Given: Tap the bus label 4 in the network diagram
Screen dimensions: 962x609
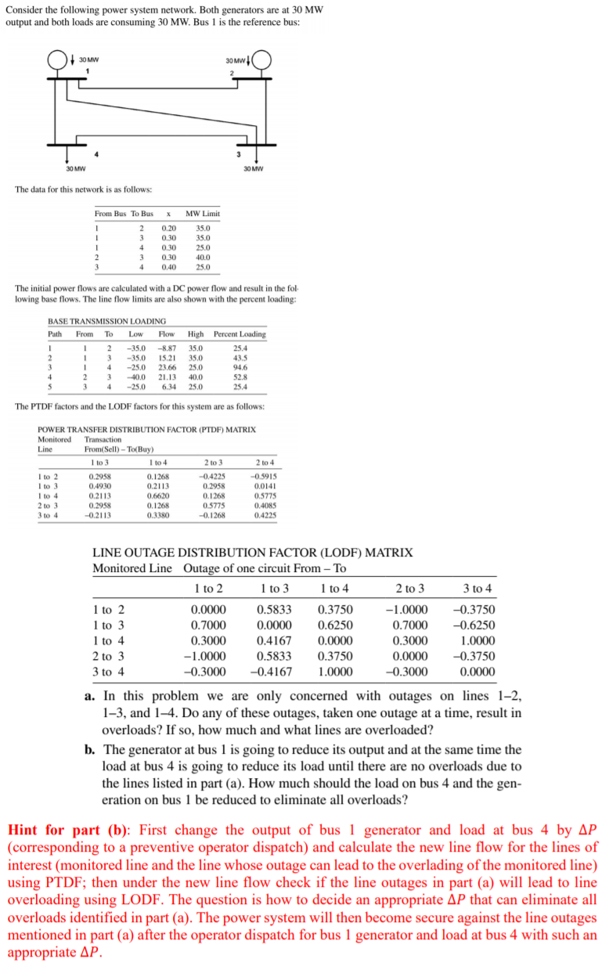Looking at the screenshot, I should pyautogui.click(x=96, y=153).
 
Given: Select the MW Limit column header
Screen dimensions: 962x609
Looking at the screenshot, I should pyautogui.click(x=203, y=214).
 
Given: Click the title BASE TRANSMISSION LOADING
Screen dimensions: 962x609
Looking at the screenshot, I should pyautogui.click(x=107, y=321).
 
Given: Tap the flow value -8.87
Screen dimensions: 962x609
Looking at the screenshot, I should pyautogui.click(x=166, y=347).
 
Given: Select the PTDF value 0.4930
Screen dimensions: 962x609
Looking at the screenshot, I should pyautogui.click(x=100, y=485).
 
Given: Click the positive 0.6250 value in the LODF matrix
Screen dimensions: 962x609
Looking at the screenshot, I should pyautogui.click(x=335, y=625).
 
